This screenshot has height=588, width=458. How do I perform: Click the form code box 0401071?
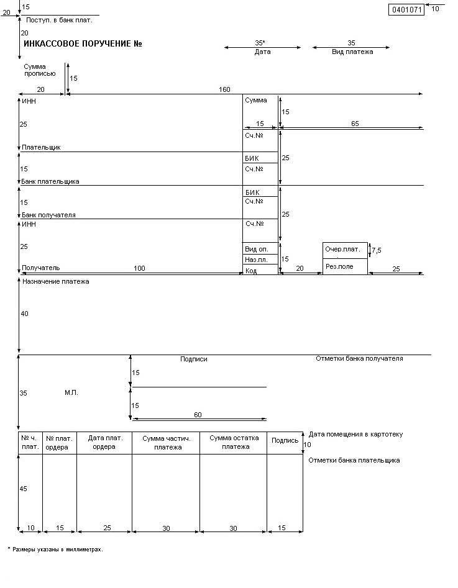coord(406,9)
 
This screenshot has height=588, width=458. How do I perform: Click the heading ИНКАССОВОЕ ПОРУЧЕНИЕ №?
coord(83,44)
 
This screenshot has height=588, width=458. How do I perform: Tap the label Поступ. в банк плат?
coord(59,20)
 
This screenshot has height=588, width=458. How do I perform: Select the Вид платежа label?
coord(352,52)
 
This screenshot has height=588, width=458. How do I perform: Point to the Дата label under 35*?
coord(262,52)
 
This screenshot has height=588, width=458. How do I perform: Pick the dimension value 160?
coord(224,90)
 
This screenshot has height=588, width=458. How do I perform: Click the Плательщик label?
coord(41,148)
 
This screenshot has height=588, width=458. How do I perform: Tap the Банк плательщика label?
coord(50,181)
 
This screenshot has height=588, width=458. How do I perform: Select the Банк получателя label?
coord(48,215)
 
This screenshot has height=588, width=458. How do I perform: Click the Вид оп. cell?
coord(256,249)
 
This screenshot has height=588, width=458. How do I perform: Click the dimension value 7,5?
coord(377,250)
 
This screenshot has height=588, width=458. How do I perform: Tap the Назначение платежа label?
coord(56,282)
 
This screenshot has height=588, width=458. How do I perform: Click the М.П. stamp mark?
coord(71,393)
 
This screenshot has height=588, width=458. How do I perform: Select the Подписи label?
coord(194,359)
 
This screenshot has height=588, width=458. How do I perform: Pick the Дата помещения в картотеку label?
coord(355,435)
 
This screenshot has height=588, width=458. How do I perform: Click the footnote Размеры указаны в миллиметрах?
coord(57,550)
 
